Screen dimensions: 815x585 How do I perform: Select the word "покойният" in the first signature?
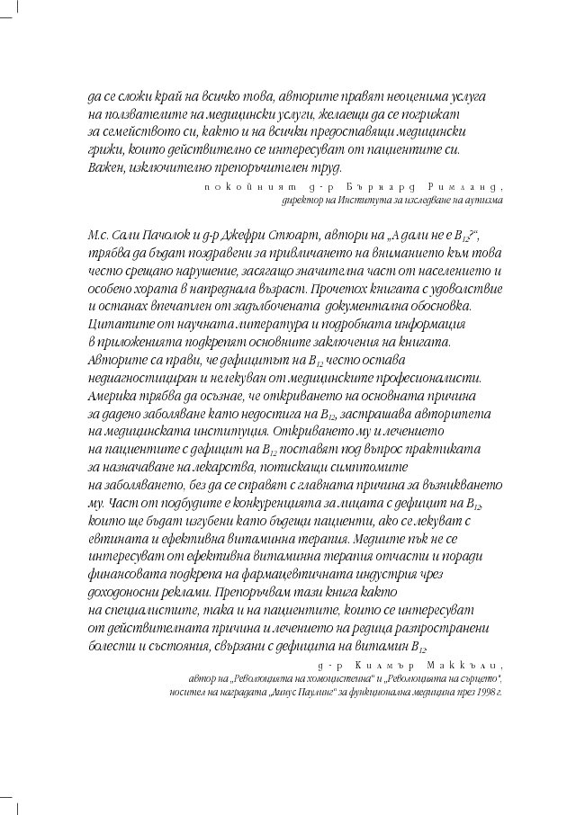coord(234,185)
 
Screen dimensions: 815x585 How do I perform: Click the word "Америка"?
coord(112,395)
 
